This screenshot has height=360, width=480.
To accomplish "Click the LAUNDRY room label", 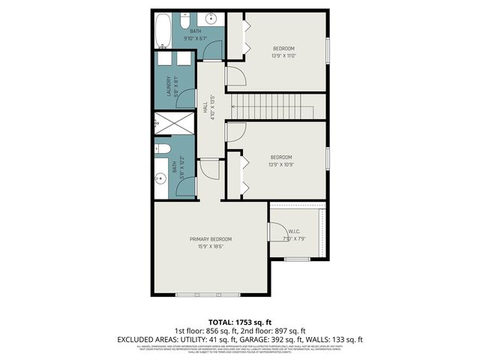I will (x=169, y=87).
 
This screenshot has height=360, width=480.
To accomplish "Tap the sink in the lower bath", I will (x=160, y=179).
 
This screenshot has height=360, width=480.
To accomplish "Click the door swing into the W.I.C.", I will (x=277, y=232).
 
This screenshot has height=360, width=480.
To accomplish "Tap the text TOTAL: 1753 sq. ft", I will (x=239, y=320).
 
